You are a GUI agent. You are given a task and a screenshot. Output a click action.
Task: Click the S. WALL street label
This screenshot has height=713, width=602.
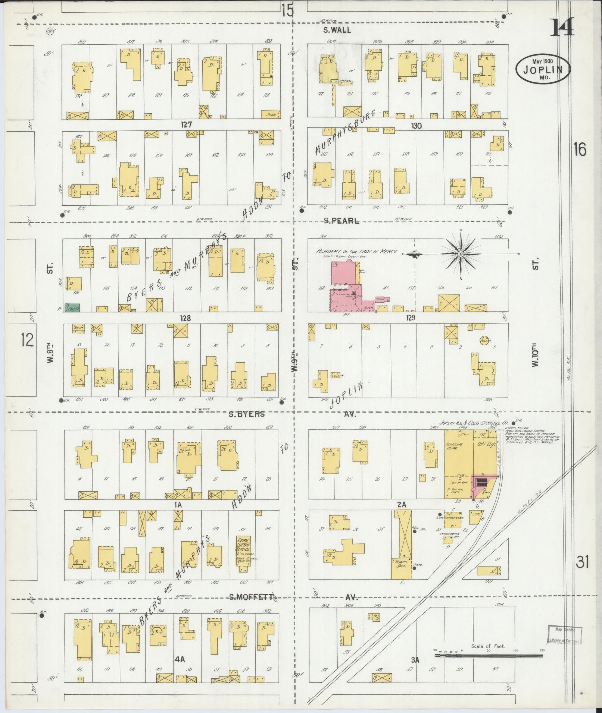337,30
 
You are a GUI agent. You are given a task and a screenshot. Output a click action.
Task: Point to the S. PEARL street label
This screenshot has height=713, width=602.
341,221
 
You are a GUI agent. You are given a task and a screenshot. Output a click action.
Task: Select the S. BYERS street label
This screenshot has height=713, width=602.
247,414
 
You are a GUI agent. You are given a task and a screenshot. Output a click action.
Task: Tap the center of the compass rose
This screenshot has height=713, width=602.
461,254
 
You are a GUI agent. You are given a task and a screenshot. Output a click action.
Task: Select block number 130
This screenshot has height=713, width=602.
417,126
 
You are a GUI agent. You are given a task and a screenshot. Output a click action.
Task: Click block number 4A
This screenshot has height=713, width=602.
180,660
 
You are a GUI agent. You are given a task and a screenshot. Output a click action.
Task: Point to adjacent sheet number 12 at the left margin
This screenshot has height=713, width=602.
27,340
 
